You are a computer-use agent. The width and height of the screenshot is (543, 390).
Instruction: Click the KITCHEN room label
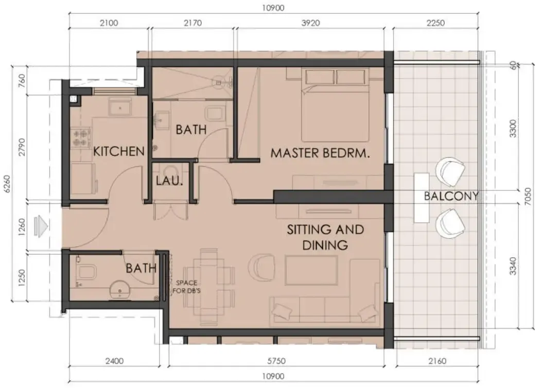coord(118,151)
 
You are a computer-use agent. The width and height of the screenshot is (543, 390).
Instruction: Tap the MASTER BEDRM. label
coord(321,153)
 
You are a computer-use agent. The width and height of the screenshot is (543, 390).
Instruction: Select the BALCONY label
coord(451,196)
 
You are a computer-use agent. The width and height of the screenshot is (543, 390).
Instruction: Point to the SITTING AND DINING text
coord(325,237)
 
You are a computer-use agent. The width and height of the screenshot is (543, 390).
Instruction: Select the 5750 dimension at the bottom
coord(276,361)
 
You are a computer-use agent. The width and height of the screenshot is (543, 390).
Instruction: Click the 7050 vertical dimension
coord(535,196)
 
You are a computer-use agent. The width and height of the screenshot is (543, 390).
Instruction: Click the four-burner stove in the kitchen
coord(80,136)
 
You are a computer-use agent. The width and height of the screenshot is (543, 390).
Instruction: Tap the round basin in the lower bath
coord(121,290)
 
